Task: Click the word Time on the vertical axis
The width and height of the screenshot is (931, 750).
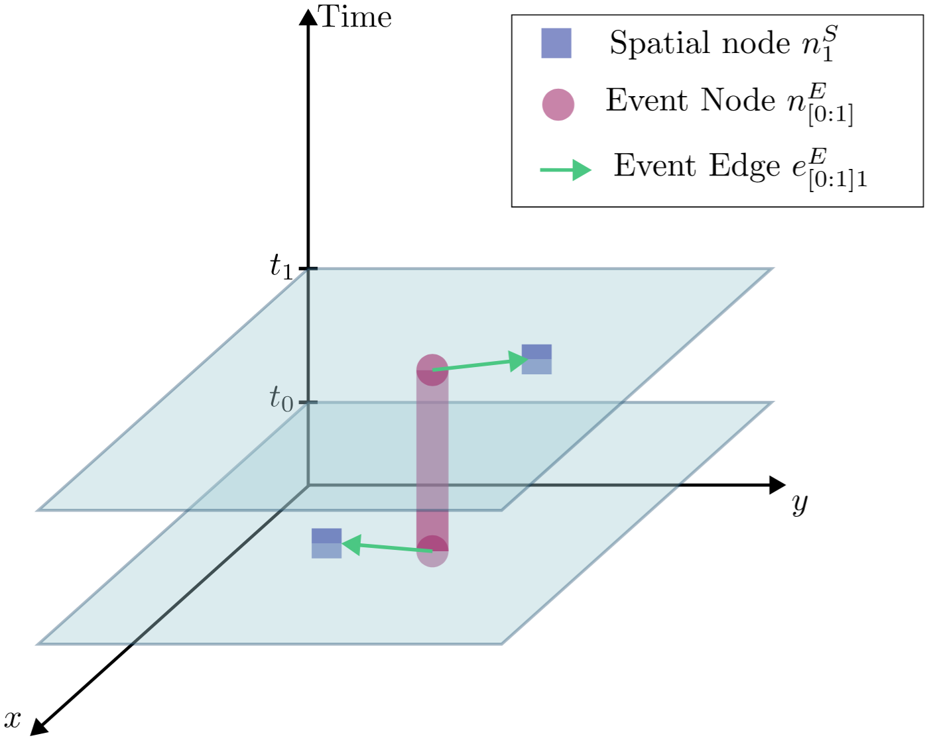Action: pos(355,17)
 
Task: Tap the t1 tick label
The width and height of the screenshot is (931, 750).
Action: pos(280,266)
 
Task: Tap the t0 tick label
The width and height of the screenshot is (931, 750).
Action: pos(280,399)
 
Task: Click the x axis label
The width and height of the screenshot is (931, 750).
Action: pos(13,718)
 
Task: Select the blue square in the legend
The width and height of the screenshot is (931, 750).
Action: pos(556,43)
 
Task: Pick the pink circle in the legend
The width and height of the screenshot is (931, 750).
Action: pos(558,104)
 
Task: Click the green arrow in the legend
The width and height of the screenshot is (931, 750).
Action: pos(565,170)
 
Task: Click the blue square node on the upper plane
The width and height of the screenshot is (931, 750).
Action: pos(536,359)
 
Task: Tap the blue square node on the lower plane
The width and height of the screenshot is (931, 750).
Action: pos(326,543)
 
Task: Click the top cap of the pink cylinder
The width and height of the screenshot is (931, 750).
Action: pos(432,370)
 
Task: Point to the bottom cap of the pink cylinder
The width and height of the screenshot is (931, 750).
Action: pos(432,551)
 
